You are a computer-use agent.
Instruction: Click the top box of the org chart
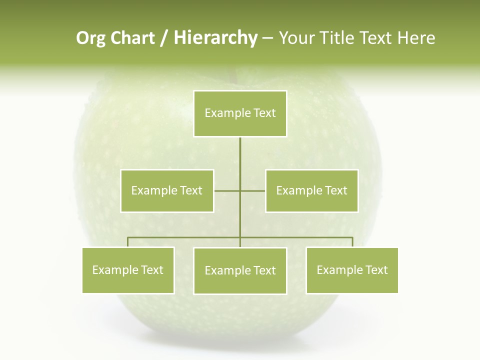(240, 113)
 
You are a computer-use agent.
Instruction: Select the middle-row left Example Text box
(167, 190)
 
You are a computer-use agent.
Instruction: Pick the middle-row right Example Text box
(311, 190)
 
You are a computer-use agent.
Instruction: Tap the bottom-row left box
(128, 270)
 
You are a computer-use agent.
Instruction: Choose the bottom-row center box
(240, 270)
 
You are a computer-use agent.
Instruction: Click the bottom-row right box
(352, 270)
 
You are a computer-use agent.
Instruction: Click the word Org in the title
(90, 38)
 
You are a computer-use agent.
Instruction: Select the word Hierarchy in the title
(215, 38)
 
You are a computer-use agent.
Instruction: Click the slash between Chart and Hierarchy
(164, 38)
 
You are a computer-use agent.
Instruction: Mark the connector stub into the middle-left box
(226, 190)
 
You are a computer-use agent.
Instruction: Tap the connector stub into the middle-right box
(253, 190)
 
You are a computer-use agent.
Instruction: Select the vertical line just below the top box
(240, 150)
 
